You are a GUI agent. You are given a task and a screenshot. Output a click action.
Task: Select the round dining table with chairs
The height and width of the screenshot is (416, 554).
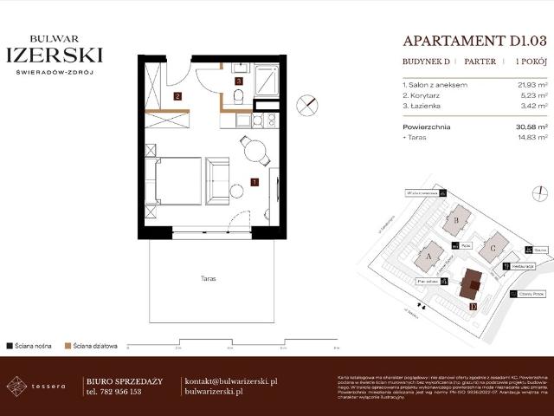tap(254, 151)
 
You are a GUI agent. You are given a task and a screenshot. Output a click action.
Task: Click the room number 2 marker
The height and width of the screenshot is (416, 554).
tap(177, 96)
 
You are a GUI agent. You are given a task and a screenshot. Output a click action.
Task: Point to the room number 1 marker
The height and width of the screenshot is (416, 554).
tap(254, 182)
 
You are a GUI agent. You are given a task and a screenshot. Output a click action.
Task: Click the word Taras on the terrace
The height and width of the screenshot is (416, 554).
tap(206, 279)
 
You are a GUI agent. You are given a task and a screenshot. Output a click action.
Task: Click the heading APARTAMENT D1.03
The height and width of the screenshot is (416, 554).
tap(475, 40)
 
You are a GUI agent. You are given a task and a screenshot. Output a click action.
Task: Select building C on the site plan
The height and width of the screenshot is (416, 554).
tap(493, 245)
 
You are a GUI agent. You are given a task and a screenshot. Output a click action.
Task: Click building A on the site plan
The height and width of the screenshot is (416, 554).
tap(430, 256)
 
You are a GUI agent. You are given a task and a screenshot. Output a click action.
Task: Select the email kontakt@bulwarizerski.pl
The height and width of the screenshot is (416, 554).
tap(231, 381)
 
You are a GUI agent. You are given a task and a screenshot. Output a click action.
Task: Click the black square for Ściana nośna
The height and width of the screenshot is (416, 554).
tap(9, 346)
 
